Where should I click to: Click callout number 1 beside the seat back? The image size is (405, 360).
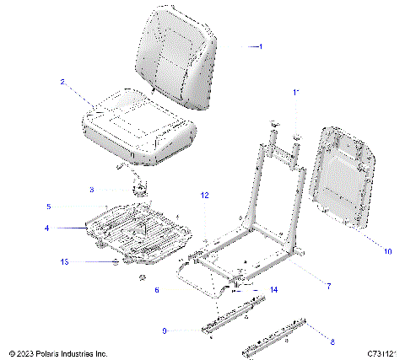pos(261,47)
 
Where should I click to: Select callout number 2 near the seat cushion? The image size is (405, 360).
pos(62,82)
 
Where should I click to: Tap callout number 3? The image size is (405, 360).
pos(116,190)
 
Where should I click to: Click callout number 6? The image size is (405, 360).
pos(157,289)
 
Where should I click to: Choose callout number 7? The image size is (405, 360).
pos(328,287)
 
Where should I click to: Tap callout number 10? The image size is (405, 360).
pos(364,250)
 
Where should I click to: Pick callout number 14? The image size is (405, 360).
pos(273,290)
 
